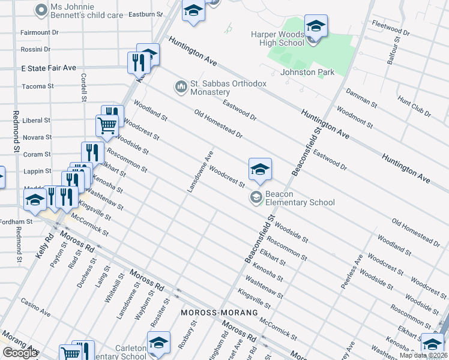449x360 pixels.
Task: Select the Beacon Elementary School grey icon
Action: pos(256,197)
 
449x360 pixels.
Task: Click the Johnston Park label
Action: pos(307,73)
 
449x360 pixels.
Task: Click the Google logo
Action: pos(20,353)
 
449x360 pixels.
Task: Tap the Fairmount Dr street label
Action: pos(39,32)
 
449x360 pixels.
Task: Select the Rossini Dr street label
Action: pos(35,49)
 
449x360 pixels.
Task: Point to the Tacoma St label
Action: pos(38,86)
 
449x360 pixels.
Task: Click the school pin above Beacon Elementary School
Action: pos(261,169)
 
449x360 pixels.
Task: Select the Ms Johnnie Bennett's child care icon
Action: pos(41,10)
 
